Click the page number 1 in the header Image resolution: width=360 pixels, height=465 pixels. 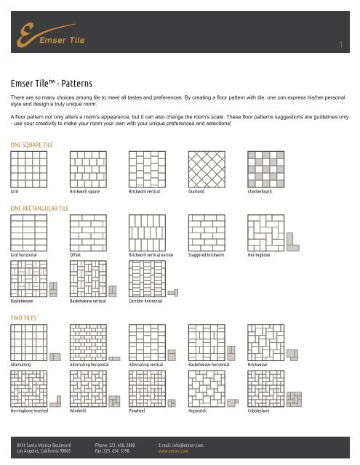pyautogui.click(x=340, y=47)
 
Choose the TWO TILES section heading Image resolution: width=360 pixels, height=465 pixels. pyautogui.click(x=25, y=318)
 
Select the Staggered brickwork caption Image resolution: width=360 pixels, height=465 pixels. pyautogui.click(x=209, y=256)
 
